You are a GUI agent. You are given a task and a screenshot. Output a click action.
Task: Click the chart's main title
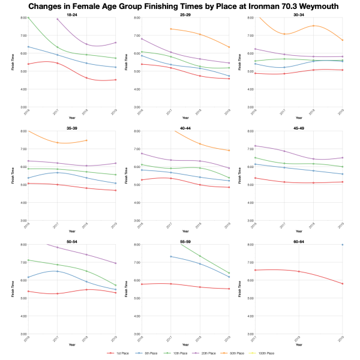click(x=180, y=6)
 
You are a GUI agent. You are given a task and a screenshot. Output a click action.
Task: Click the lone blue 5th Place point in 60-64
click(x=342, y=245)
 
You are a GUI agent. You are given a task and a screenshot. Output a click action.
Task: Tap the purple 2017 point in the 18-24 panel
click(x=57, y=19)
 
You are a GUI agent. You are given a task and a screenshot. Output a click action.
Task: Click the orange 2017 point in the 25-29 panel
click(x=170, y=29)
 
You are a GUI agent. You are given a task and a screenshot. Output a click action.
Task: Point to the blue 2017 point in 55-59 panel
click(x=170, y=256)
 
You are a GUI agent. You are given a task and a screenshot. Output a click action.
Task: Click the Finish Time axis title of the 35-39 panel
click(x=13, y=176)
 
